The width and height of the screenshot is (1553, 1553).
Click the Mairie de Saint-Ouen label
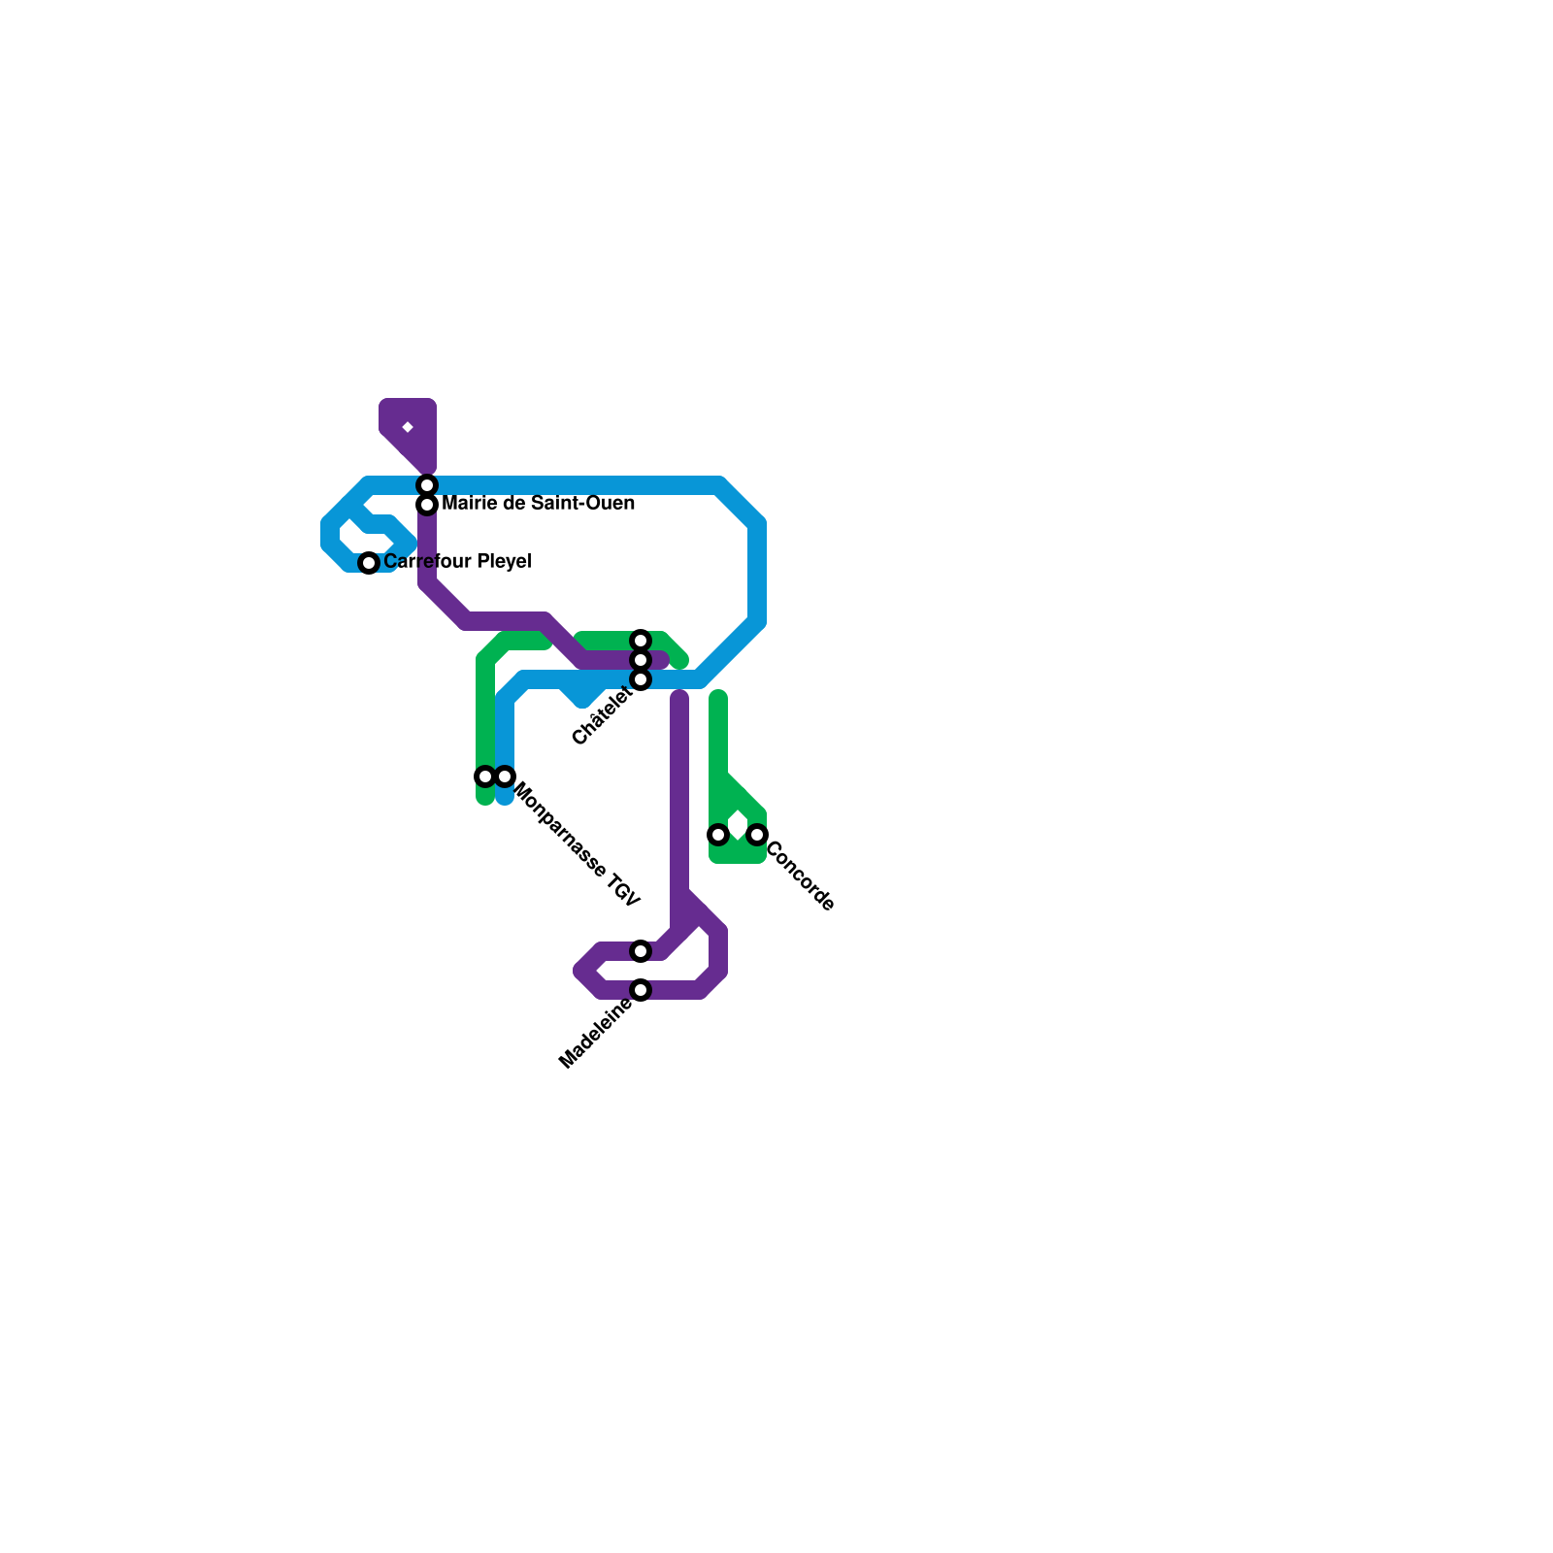click(538, 504)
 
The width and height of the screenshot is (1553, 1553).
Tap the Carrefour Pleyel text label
click(457, 562)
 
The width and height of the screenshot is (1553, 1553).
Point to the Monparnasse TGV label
click(577, 844)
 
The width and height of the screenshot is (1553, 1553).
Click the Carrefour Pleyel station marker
click(369, 563)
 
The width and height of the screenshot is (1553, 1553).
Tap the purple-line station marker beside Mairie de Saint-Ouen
click(427, 505)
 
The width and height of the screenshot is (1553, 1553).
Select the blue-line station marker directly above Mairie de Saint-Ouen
click(427, 484)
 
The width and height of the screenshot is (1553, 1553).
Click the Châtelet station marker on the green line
click(641, 641)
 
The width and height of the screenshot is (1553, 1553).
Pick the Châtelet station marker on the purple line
click(641, 660)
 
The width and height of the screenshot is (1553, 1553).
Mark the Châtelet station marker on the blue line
click(641, 679)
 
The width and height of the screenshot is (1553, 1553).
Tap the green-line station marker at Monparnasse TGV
click(485, 776)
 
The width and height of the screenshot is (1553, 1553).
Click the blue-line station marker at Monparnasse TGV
click(505, 776)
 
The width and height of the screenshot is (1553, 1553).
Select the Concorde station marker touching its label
click(757, 835)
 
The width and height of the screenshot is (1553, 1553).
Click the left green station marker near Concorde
click(718, 835)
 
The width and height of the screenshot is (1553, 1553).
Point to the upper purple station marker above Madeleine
click(641, 951)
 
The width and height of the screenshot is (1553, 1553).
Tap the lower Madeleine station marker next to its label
click(641, 990)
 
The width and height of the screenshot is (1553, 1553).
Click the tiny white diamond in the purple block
click(408, 427)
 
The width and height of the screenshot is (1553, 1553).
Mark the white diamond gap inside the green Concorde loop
click(739, 825)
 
